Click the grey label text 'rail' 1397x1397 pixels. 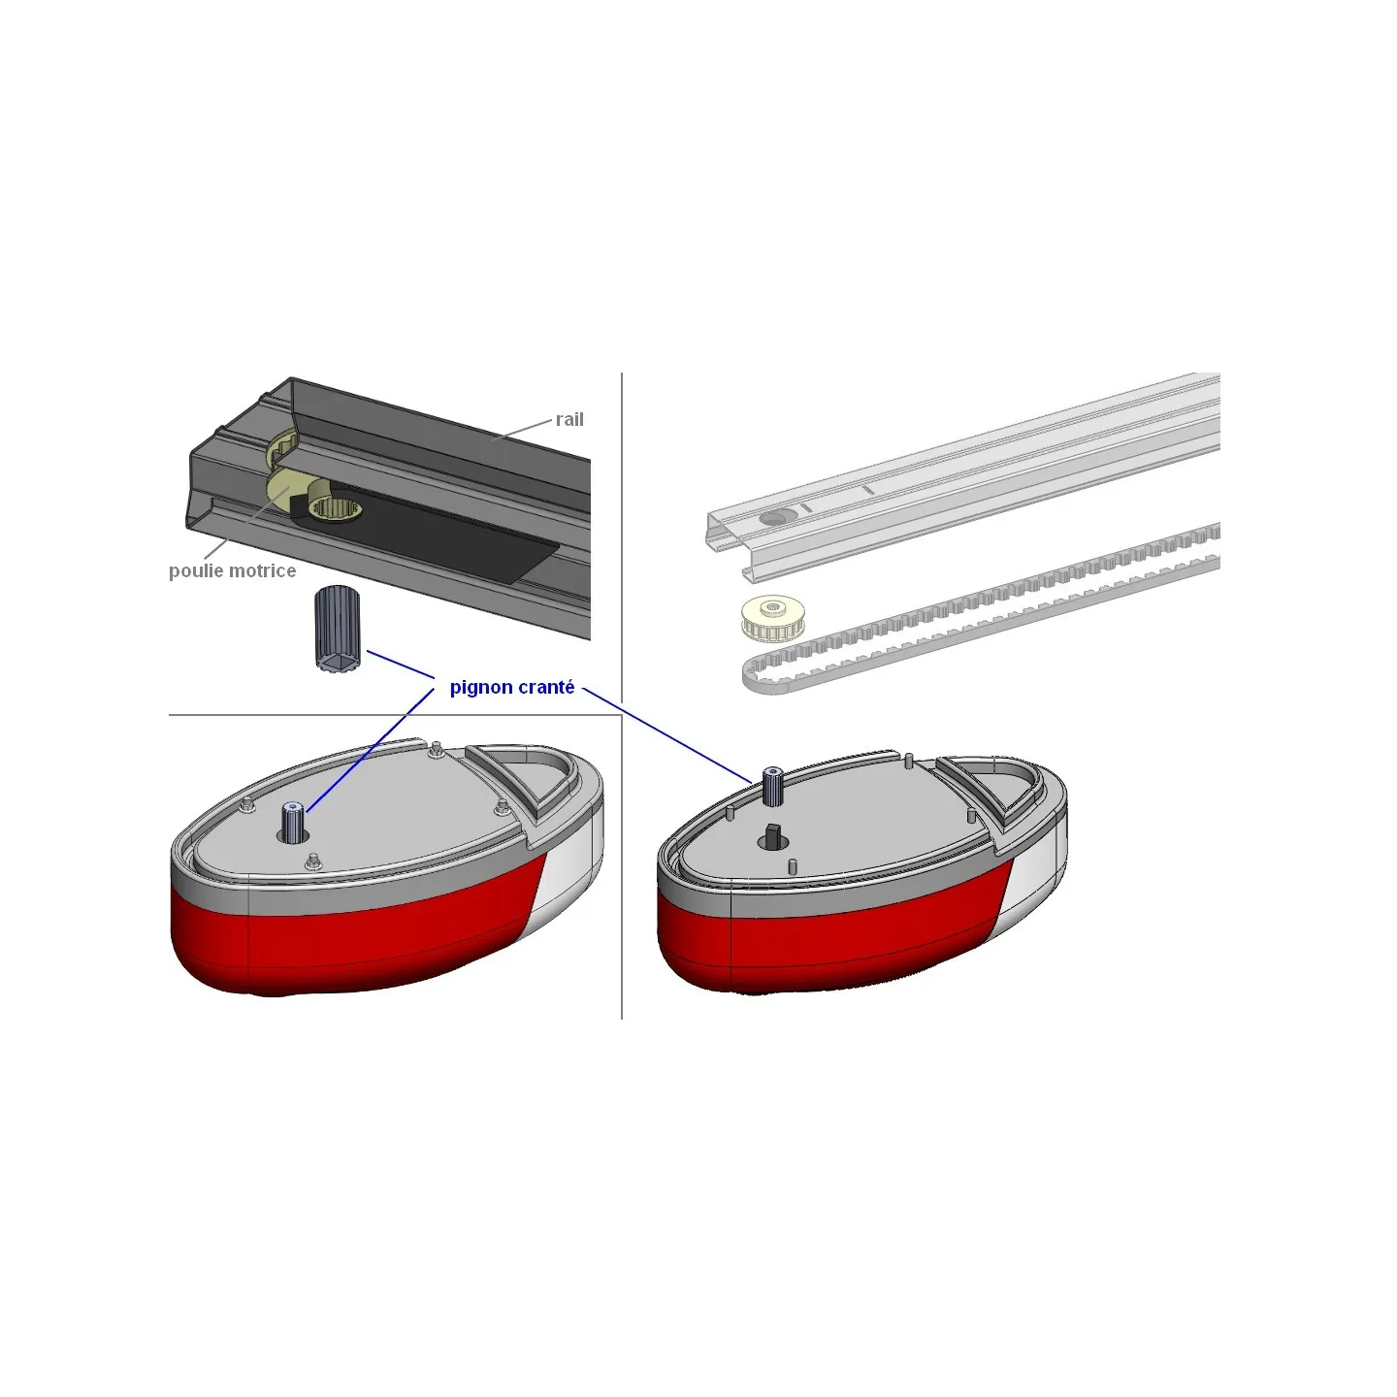[569, 420]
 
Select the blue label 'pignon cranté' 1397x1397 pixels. [512, 687]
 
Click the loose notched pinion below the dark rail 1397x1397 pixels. [337, 630]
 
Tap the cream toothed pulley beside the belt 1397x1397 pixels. [769, 619]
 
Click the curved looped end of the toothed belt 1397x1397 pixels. [754, 674]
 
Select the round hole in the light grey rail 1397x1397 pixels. [776, 517]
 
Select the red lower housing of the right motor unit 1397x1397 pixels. [827, 942]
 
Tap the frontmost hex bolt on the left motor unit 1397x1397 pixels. [312, 861]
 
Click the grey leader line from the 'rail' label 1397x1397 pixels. [521, 429]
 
